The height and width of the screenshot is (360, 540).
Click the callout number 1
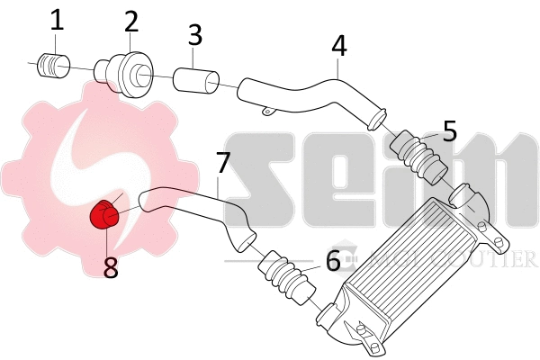point(57,20)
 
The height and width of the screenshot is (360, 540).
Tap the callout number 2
point(131,21)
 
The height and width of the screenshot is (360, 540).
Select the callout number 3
point(195,35)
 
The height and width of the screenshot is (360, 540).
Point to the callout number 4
point(338,45)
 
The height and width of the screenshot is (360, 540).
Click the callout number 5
point(450,130)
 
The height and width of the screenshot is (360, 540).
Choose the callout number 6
point(333,261)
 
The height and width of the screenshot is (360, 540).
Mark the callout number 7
point(224,164)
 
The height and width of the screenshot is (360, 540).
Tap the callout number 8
point(111,267)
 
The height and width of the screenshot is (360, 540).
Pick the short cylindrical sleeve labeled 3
point(195,80)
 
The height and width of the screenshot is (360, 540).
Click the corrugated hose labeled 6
point(286,280)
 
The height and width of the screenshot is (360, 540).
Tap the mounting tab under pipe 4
point(266,112)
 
